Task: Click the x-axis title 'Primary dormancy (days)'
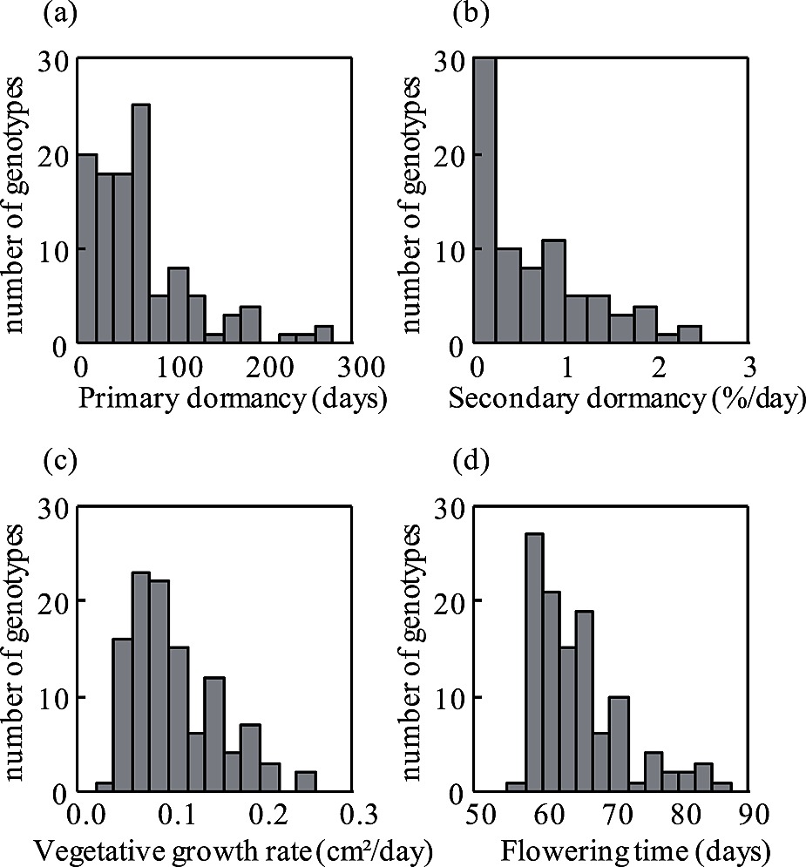coord(232,400)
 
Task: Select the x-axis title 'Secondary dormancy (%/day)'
coord(627,400)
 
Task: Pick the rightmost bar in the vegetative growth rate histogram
coord(305,782)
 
